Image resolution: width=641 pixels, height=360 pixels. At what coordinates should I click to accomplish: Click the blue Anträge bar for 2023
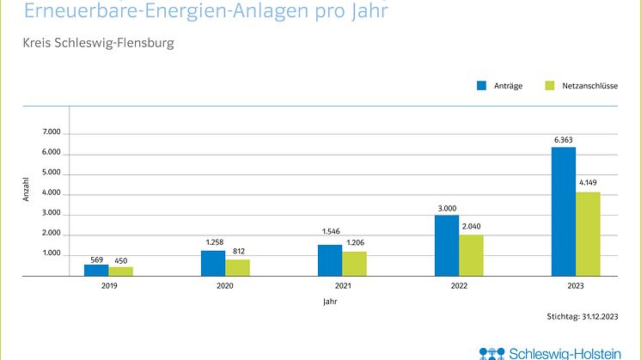point(564,211)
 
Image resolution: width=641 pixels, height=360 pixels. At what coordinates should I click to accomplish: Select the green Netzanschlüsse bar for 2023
point(588,234)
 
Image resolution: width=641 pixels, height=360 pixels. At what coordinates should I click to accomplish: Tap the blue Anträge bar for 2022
point(447,246)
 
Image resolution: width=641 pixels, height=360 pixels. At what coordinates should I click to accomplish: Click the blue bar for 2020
point(213,264)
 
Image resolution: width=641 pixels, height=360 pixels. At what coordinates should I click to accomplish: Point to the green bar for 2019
point(120,272)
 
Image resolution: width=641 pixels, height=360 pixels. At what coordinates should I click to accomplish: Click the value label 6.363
point(564,140)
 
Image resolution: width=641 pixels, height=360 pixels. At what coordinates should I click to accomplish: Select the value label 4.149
point(589,184)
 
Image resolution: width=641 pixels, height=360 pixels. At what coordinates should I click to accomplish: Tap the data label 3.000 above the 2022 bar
point(447,208)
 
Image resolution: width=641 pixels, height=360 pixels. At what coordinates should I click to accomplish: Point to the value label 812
point(238,252)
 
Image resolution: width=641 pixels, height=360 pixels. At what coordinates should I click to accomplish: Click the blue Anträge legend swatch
point(483,86)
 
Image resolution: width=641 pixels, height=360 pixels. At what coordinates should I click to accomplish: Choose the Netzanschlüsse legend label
point(591,86)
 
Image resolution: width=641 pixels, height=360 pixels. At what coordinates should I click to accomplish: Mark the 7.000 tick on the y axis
point(52,133)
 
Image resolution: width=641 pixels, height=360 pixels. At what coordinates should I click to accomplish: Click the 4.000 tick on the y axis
point(52,193)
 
